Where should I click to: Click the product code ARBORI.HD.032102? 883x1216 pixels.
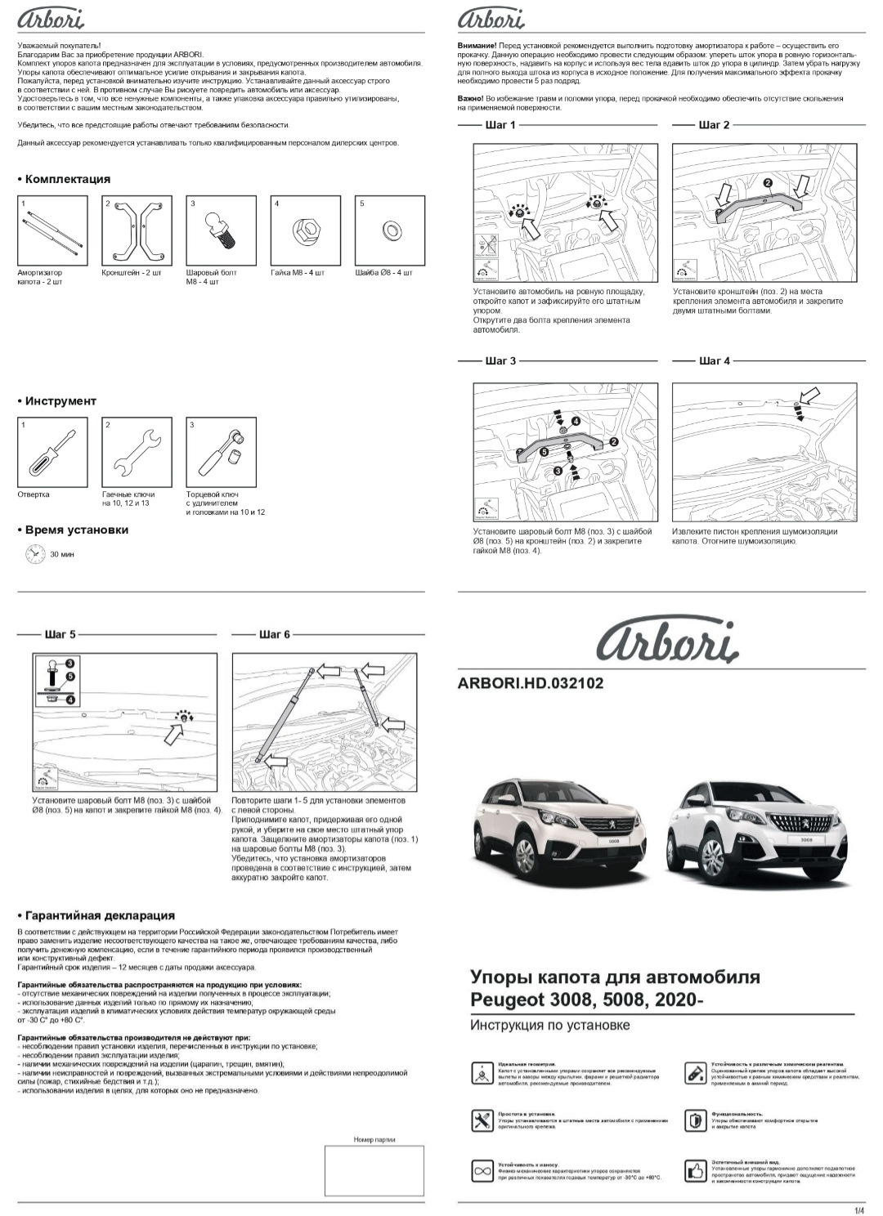tap(531, 683)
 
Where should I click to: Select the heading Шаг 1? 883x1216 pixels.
tap(500, 125)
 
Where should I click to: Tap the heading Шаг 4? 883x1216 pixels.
tap(714, 360)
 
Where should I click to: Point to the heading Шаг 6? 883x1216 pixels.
tap(274, 634)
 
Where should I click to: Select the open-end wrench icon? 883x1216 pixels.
tap(137, 452)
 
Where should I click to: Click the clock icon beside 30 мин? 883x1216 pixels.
tap(34, 554)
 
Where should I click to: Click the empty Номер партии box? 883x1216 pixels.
tap(374, 1171)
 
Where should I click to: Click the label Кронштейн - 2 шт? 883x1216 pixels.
tap(131, 273)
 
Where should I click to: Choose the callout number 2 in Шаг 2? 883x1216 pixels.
tap(767, 182)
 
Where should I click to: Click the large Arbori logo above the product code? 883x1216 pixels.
tap(666, 642)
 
